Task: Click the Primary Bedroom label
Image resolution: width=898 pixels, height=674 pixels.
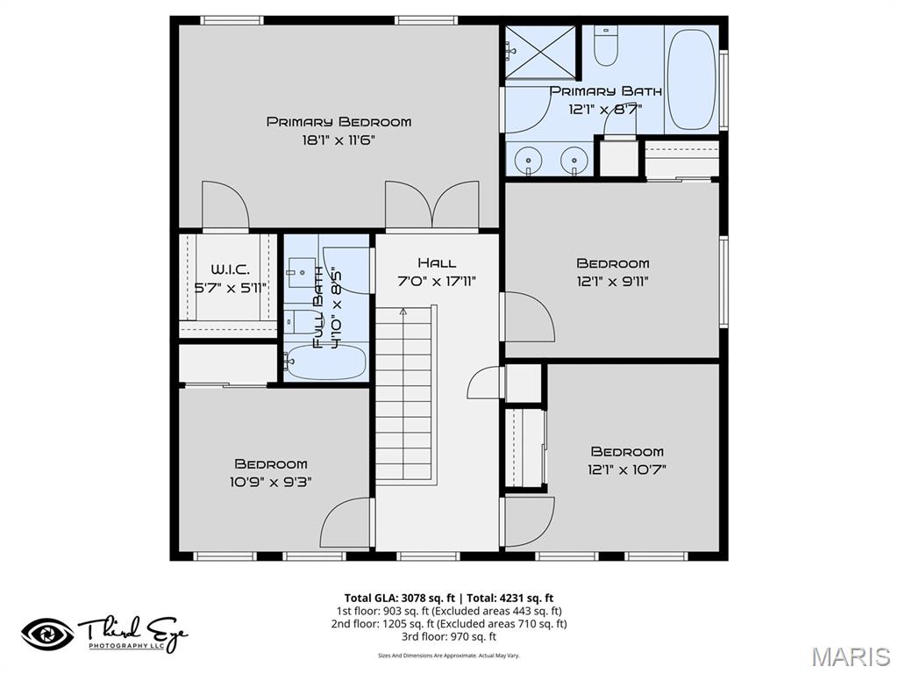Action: coord(339,122)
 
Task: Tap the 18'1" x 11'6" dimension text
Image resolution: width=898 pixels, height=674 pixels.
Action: coord(339,140)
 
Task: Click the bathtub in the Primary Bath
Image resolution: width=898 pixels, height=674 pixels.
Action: coord(691,79)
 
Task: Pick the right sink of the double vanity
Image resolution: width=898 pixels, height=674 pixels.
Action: coord(574,160)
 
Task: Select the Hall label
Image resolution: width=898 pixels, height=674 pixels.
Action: coord(437,262)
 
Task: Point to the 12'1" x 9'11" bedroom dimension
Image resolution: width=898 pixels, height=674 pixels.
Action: coord(612,282)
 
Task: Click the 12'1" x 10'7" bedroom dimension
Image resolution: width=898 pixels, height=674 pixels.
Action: coord(626,470)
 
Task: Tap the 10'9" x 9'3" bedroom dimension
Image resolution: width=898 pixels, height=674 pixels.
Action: coord(270,482)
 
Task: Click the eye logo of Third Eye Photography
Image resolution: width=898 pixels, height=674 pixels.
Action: coord(48,634)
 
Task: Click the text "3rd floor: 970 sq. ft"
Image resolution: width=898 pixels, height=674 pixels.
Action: coord(448,637)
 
